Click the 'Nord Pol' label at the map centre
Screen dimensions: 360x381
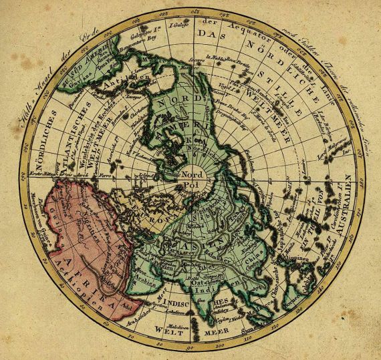(x=193, y=176)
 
